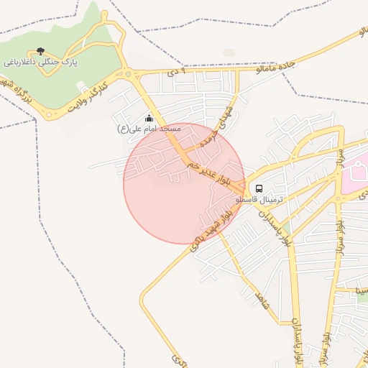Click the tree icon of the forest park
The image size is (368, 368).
[x=40, y=52]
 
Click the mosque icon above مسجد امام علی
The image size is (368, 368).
[x=149, y=118]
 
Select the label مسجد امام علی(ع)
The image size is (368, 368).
[x=149, y=129]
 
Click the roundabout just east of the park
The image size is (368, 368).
[x=129, y=74]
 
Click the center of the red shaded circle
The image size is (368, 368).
[x=184, y=183]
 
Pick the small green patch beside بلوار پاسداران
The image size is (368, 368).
[x=286, y=229]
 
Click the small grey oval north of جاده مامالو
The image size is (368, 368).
[x=229, y=52]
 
